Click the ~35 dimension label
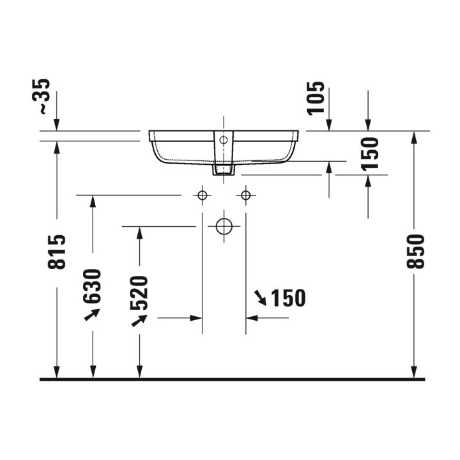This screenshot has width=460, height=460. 41,96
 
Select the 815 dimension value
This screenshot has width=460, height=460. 57,252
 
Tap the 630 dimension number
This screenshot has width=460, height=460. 93,286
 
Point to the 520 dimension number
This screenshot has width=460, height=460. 139,293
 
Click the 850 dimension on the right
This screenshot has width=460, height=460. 415,252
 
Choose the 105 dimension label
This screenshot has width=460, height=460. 316,98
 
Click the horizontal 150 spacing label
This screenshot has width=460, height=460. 288,298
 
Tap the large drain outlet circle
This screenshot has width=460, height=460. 224,226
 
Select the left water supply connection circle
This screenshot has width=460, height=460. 202,195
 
